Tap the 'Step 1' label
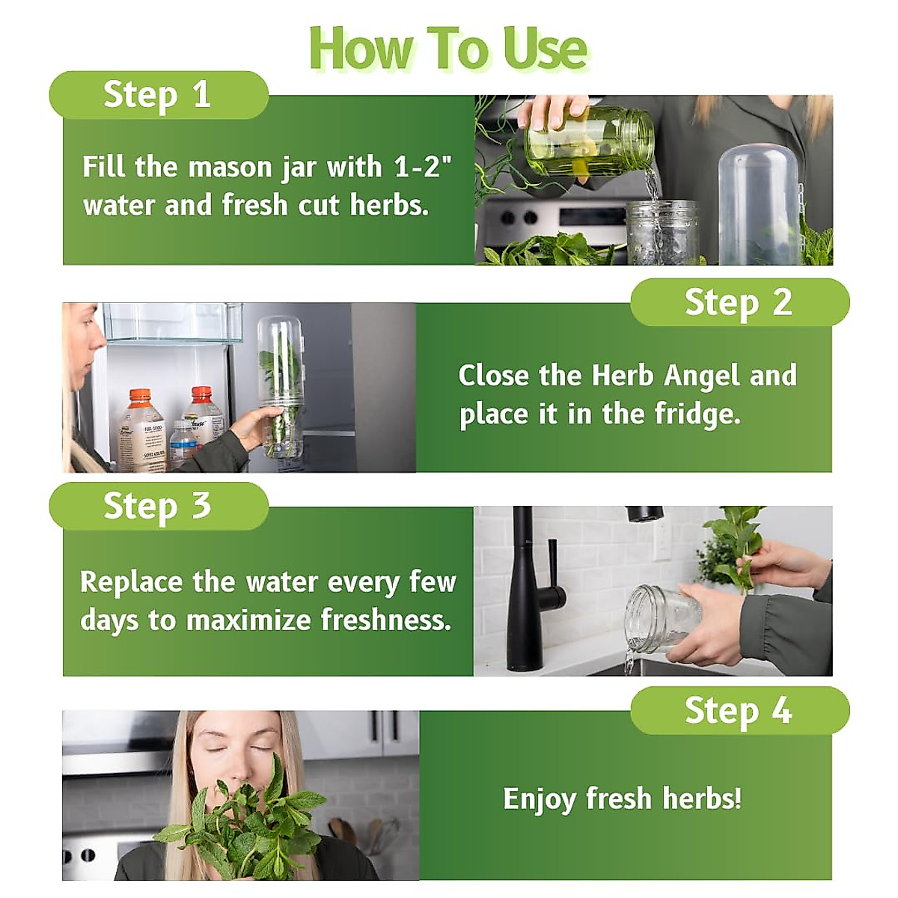coord(157,95)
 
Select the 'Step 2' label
coord(738,302)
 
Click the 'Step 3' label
coord(157,506)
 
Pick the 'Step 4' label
coord(738,710)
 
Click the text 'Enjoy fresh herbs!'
coord(622,798)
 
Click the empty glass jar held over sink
coord(653,619)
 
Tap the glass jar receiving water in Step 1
coord(662,232)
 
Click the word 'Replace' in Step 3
coord(131,581)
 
